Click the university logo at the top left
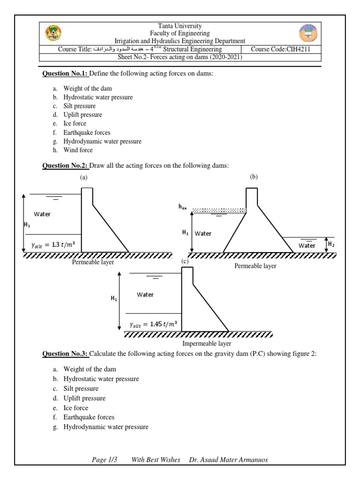coord(52,33)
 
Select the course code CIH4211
coord(280,49)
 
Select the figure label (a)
coord(84,177)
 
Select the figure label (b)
coord(254,177)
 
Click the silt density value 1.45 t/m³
coord(153,324)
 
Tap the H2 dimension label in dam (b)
coord(331,244)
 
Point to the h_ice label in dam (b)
coord(182,206)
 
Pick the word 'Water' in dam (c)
coord(145,294)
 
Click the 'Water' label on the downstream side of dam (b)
coord(307,245)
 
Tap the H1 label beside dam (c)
coord(114,299)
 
